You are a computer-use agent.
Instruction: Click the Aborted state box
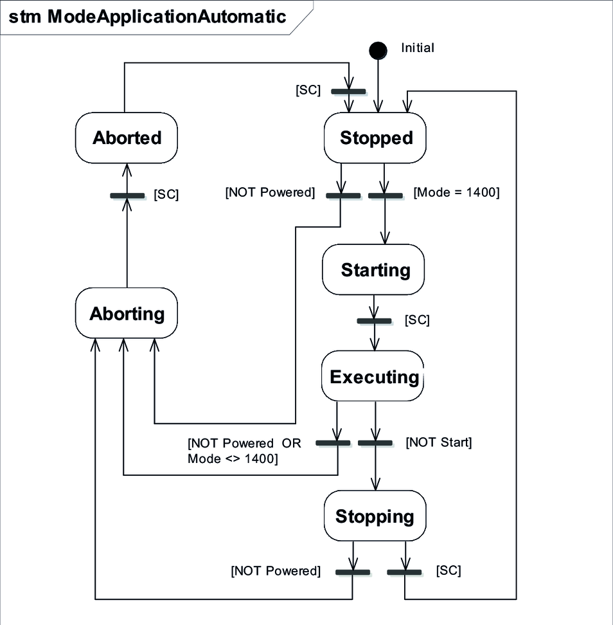tap(127, 138)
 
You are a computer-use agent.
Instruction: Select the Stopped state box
tap(376, 138)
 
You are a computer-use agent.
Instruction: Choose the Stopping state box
tap(375, 516)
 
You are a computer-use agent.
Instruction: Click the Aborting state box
tap(127, 314)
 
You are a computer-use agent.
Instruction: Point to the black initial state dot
tap(378, 50)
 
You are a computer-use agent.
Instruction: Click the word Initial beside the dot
tap(418, 48)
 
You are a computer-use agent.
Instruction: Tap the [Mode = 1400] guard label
tap(456, 192)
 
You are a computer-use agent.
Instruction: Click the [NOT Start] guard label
tap(439, 442)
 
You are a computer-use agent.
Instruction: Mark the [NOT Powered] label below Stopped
tap(270, 192)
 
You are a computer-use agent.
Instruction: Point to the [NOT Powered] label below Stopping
tap(276, 570)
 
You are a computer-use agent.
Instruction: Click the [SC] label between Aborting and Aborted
tap(166, 195)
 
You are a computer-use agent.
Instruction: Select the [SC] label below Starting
tap(417, 320)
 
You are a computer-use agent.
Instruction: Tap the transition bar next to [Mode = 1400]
tap(386, 195)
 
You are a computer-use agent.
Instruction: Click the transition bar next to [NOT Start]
tap(375, 443)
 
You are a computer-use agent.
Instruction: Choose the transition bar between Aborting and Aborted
tap(127, 195)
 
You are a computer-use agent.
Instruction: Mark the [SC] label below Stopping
tap(449, 570)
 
